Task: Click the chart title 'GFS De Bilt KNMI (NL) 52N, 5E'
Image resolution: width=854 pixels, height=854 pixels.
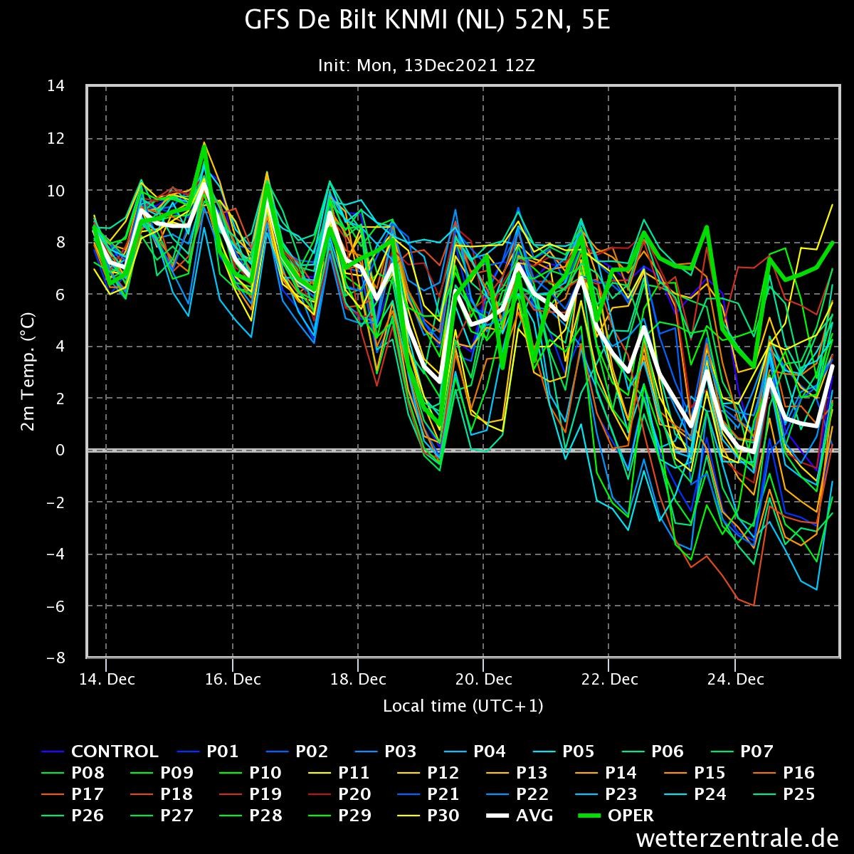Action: [427, 20]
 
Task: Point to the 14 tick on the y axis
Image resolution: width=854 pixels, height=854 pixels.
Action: [56, 85]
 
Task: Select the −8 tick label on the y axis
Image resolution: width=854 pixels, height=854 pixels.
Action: [56, 658]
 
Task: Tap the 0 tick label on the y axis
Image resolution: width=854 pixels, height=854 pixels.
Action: [60, 450]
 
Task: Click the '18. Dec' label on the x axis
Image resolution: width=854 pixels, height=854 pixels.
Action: [358, 680]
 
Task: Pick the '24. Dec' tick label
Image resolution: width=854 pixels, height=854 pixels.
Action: [736, 680]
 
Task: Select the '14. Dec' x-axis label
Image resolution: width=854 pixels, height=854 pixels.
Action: [107, 680]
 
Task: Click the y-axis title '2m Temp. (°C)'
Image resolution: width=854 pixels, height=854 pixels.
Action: [28, 371]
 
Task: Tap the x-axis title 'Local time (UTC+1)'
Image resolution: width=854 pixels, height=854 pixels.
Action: [463, 706]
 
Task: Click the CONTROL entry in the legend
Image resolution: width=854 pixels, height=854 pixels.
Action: [100, 752]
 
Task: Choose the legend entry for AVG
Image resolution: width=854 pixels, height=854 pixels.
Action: [520, 815]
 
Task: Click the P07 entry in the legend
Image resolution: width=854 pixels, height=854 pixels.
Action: [742, 752]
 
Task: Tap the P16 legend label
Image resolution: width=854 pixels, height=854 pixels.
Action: [784, 772]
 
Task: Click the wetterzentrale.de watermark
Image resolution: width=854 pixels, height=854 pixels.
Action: [737, 838]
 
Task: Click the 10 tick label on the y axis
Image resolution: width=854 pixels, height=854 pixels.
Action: [56, 191]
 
